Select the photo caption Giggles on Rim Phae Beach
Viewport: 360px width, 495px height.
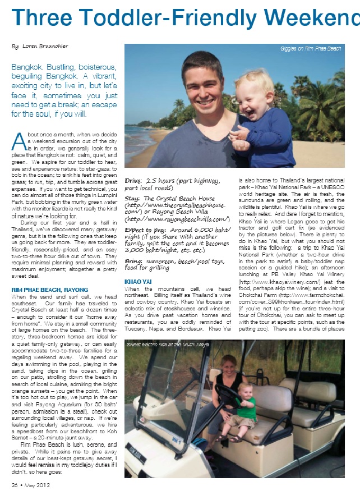[310, 49]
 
